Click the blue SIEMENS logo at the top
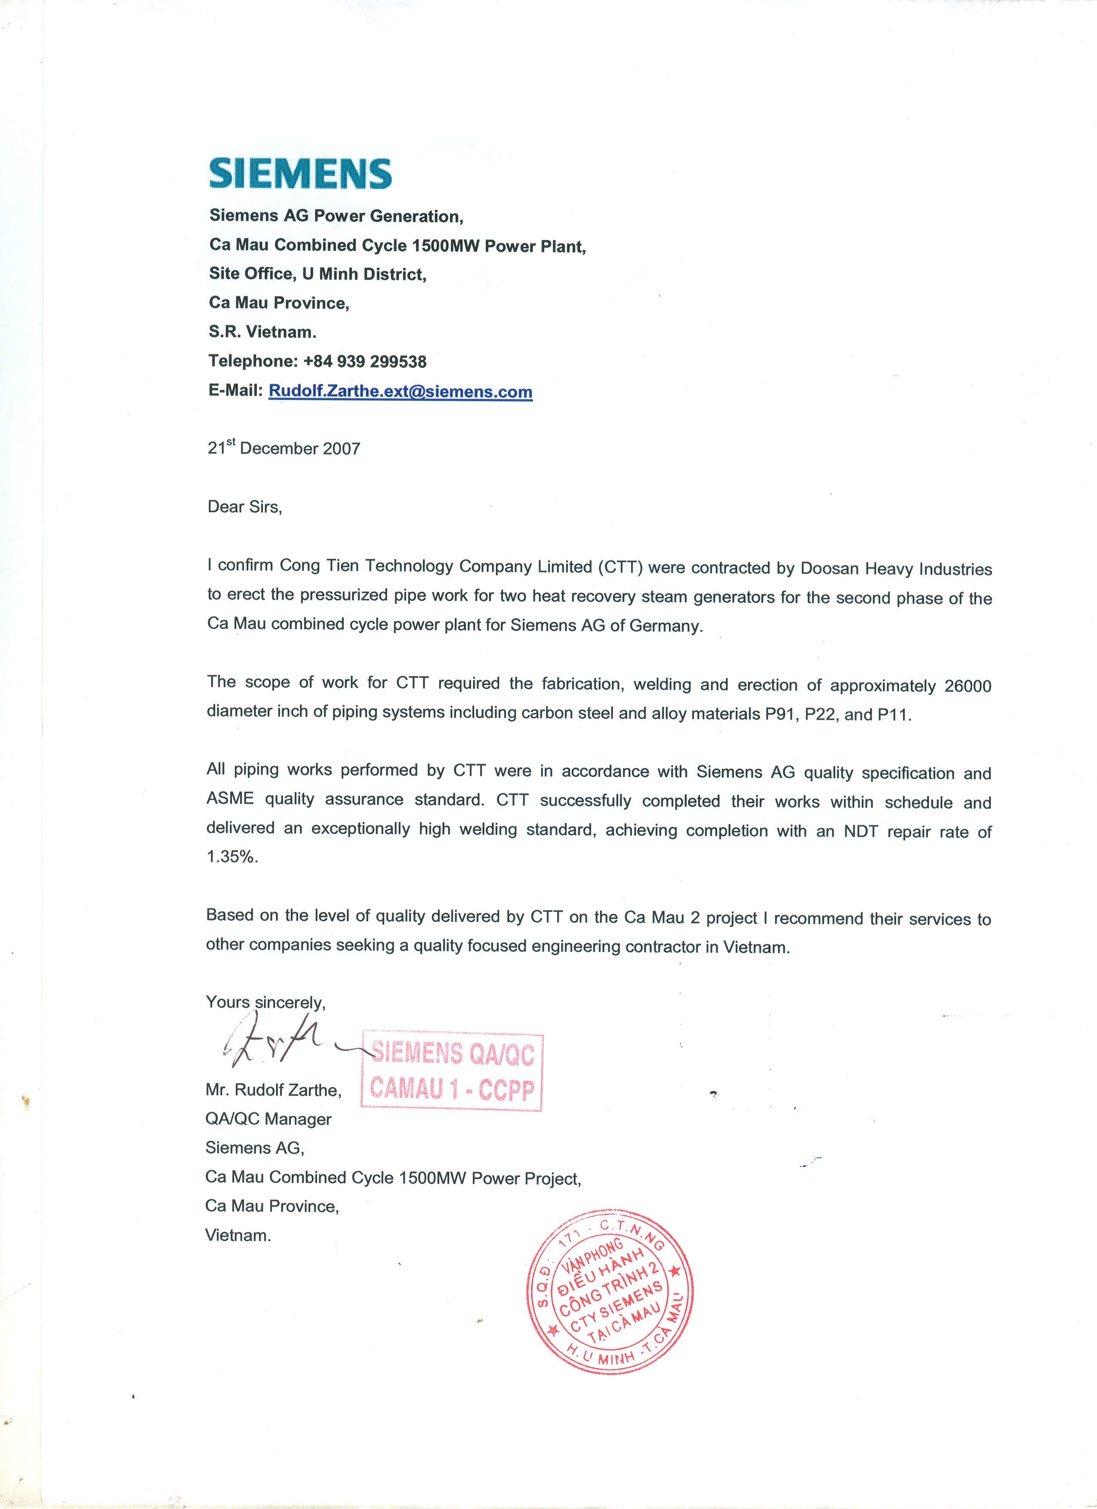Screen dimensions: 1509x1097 point(300,174)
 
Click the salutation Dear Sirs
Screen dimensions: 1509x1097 point(244,507)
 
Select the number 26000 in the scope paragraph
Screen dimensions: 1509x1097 point(967,686)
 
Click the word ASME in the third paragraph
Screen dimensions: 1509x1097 point(230,799)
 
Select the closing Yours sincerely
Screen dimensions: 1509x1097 point(265,1002)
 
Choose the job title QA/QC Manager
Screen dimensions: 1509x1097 point(268,1119)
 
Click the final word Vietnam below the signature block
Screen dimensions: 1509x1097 point(237,1236)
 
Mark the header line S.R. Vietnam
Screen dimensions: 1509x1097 point(262,331)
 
